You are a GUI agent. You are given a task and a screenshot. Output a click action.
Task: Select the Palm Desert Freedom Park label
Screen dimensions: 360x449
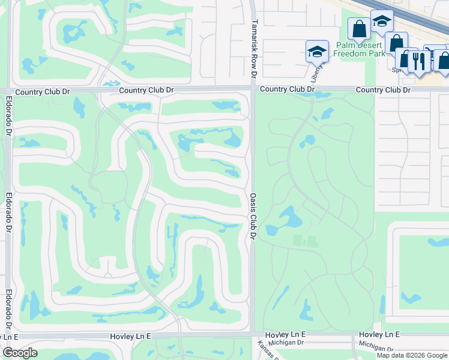pyautogui.click(x=360, y=49)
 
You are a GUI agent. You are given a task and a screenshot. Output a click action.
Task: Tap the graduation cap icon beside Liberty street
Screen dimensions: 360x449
pyautogui.click(x=316, y=52)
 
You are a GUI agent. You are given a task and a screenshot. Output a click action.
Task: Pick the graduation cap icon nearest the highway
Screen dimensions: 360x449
pyautogui.click(x=381, y=22)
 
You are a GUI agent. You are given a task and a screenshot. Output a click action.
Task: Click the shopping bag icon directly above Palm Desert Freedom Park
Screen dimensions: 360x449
pyautogui.click(x=360, y=29)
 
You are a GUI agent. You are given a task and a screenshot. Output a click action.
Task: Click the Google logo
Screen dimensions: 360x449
pyautogui.click(x=20, y=353)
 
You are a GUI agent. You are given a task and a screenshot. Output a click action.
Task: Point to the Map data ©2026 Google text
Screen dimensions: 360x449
pyautogui.click(x=412, y=355)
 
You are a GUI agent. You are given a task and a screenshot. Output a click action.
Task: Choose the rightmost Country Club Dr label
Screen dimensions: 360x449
pyautogui.click(x=383, y=90)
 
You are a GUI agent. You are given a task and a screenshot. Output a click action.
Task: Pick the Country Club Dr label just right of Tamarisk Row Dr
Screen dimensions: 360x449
pyautogui.click(x=287, y=89)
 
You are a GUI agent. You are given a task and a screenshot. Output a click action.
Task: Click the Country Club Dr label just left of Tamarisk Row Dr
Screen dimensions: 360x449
pyautogui.click(x=146, y=90)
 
